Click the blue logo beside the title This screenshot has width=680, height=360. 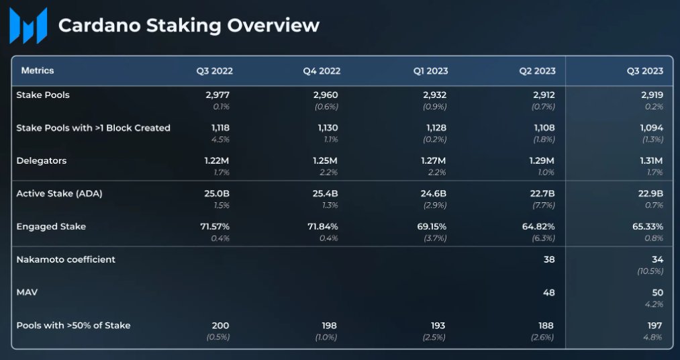pos(28,26)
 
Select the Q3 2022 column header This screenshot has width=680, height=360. pos(214,71)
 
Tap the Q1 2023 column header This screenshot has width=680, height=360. pos(430,71)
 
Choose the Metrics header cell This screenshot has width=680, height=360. pos(38,71)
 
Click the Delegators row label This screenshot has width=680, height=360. pos(41,161)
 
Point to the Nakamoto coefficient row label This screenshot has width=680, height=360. pos(66,259)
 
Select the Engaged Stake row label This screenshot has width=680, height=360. pos(51,226)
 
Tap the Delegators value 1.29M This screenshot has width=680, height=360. pos(541,161)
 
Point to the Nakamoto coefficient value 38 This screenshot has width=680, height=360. pos(549,259)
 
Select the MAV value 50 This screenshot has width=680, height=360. pos(657,292)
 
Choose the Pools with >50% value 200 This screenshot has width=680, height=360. pos(221,325)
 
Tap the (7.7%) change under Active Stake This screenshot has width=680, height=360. pos(542,205)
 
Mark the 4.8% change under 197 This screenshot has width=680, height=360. pos(654,336)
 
